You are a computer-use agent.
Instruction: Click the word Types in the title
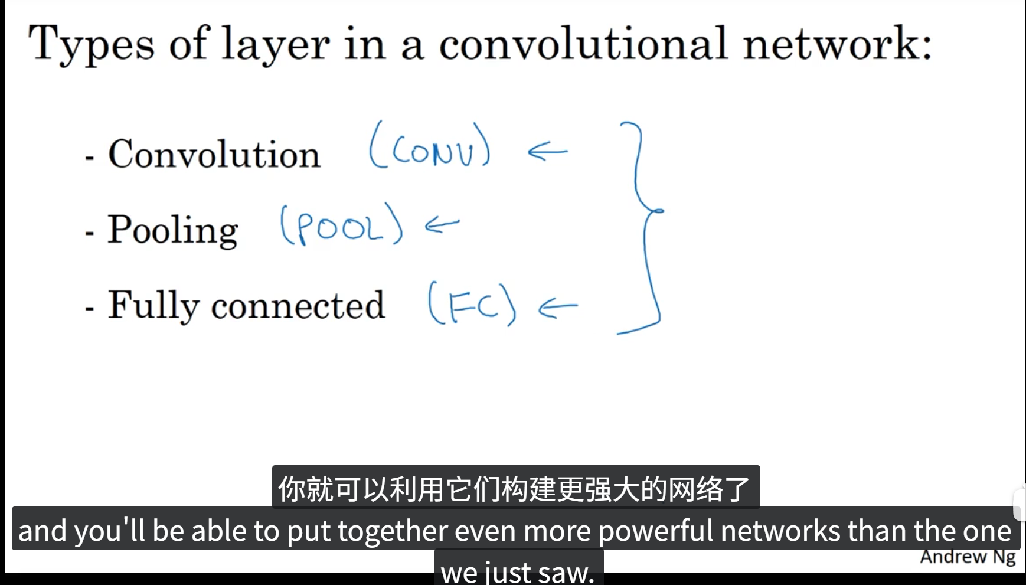tap(92, 44)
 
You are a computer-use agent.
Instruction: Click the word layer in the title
tap(275, 44)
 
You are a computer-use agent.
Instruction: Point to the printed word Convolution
tap(214, 155)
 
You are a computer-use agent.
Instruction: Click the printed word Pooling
tap(172, 230)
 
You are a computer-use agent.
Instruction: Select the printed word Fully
tap(153, 306)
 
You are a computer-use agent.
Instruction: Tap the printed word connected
tap(298, 306)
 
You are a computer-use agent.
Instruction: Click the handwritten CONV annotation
tap(430, 146)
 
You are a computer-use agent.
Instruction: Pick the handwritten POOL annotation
tap(341, 224)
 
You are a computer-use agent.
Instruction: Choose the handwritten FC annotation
tap(472, 305)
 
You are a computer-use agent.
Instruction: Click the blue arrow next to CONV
tap(547, 152)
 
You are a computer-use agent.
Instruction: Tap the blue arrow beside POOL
tap(442, 224)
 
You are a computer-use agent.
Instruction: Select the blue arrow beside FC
tap(558, 307)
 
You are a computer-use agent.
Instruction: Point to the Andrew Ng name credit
tap(967, 557)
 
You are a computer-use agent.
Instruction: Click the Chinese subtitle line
tap(515, 488)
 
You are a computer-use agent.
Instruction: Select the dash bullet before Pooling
tap(90, 234)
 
